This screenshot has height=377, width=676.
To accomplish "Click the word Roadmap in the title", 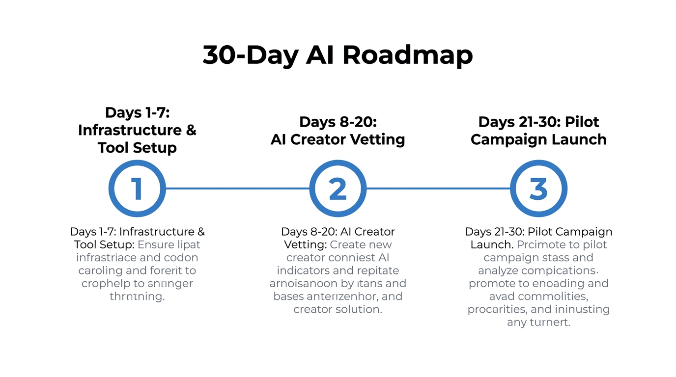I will pos(407,55).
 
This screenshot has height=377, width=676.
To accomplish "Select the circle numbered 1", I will pos(137,188).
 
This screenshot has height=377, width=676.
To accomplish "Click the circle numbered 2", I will pos(338,188).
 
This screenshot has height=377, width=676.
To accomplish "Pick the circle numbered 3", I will pos(538,188).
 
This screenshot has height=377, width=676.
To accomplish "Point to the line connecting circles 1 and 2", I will pos(237,188).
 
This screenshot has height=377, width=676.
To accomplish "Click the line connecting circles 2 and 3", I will pos(438,188).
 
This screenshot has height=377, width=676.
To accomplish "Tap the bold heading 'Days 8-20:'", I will pos(338,122).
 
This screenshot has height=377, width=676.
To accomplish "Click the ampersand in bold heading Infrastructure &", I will pos(191,130).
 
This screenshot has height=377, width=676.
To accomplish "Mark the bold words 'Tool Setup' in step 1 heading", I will pos(137,148).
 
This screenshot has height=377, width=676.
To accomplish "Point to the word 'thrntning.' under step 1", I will pos(137,296).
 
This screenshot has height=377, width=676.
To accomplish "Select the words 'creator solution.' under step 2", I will pos(338,309).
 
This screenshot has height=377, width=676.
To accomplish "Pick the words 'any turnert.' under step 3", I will pos(538,323).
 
